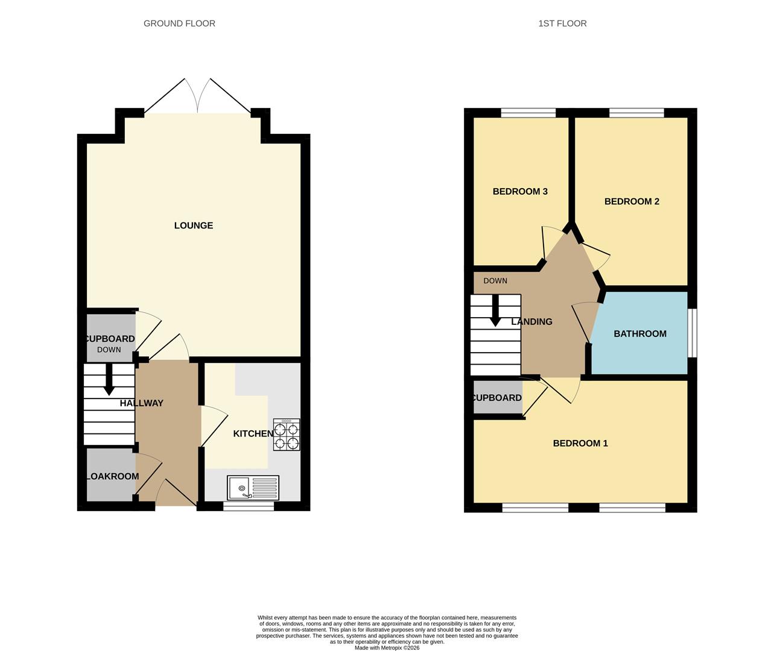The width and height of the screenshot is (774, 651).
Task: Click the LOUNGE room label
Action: (x=194, y=225)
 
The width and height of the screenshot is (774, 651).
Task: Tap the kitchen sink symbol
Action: (x=253, y=487)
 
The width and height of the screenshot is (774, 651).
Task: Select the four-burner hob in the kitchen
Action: (x=287, y=435)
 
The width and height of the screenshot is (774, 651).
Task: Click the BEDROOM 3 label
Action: (x=520, y=192)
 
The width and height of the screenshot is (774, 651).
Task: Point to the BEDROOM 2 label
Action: (x=632, y=201)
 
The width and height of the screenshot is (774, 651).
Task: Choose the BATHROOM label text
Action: (x=640, y=334)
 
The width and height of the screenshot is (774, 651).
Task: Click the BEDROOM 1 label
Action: (x=580, y=444)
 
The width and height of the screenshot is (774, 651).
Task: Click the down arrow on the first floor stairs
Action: (x=495, y=312)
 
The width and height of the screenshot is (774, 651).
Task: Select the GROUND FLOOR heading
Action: (x=179, y=24)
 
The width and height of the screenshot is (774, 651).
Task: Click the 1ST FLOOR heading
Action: (x=562, y=24)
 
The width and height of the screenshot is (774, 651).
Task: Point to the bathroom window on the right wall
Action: (x=693, y=333)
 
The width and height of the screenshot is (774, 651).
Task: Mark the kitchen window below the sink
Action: (x=249, y=506)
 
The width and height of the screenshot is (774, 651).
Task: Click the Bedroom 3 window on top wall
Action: (x=528, y=113)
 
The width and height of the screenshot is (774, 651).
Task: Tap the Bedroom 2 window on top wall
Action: (x=636, y=113)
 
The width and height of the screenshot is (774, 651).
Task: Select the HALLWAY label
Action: (x=142, y=403)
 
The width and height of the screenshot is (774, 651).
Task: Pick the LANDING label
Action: (x=531, y=322)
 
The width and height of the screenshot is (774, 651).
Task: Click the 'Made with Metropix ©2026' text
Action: (x=387, y=648)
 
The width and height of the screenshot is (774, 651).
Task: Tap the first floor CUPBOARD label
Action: (x=497, y=398)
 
